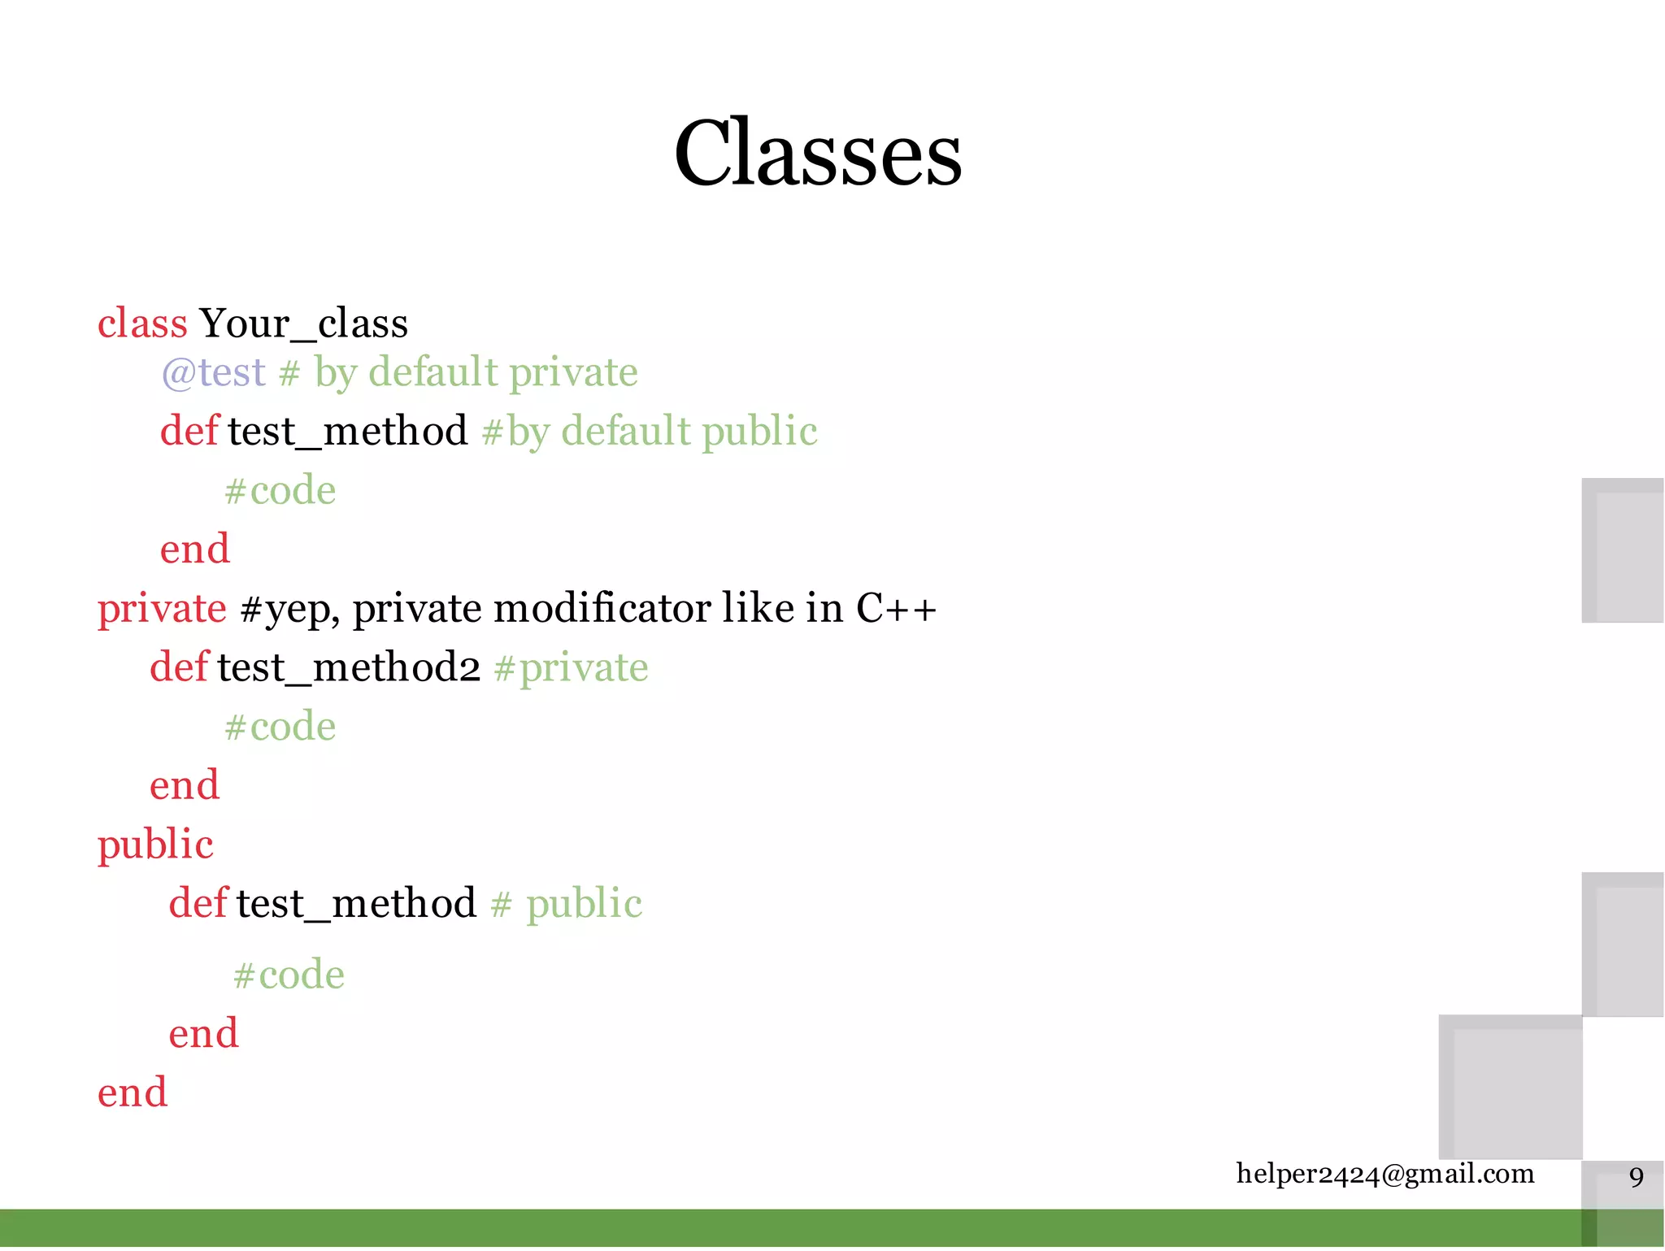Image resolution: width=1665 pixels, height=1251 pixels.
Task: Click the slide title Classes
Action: [817, 153]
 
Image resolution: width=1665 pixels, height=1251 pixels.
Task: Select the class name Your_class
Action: [303, 324]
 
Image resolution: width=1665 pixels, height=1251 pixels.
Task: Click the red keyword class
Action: [142, 324]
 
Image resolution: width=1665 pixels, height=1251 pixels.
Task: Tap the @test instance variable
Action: [214, 372]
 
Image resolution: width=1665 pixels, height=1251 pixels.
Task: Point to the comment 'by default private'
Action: [476, 372]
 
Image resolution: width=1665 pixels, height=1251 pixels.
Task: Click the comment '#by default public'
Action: [649, 431]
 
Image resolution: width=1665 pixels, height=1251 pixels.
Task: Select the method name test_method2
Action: [349, 667]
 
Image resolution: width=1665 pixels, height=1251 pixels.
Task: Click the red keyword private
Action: [162, 609]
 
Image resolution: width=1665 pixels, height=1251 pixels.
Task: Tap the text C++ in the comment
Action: [896, 609]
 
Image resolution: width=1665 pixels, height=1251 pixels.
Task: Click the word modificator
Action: [602, 609]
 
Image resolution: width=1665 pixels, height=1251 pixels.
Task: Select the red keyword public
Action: [155, 845]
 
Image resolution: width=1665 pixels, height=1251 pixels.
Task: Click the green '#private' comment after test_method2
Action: [571, 667]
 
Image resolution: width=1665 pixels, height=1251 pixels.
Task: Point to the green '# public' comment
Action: [567, 904]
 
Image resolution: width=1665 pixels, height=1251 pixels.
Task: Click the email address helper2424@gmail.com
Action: [1385, 1174]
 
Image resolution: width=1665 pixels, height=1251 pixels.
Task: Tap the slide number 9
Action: [1637, 1176]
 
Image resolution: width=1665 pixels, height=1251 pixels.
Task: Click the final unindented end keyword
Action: [133, 1092]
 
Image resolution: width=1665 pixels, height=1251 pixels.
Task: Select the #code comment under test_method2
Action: [280, 726]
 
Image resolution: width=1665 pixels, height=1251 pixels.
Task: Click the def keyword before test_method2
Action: [179, 667]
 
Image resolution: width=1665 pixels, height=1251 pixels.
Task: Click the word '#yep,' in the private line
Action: [289, 609]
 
